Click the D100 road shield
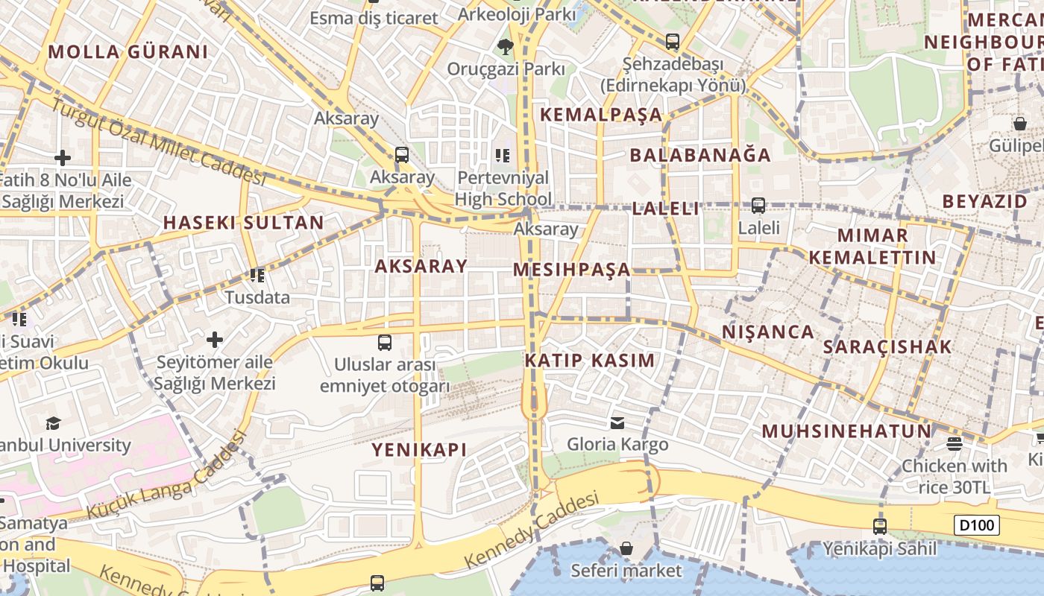pyautogui.click(x=976, y=525)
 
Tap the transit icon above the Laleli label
pyautogui.click(x=758, y=205)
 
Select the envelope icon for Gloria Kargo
pyautogui.click(x=617, y=423)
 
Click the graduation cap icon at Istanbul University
pyautogui.click(x=53, y=424)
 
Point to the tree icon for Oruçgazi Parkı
pyautogui.click(x=506, y=47)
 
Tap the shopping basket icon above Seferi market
pyautogui.click(x=626, y=549)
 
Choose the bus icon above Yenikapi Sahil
pyautogui.click(x=880, y=527)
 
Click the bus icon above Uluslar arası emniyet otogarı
pyautogui.click(x=385, y=343)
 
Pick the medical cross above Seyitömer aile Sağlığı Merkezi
pyautogui.click(x=215, y=340)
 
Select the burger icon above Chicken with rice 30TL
pyautogui.click(x=954, y=444)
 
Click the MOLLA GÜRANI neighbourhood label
pyautogui.click(x=128, y=52)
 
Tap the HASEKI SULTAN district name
pyautogui.click(x=244, y=223)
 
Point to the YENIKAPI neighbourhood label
pyautogui.click(x=419, y=449)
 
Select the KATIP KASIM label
pyautogui.click(x=589, y=361)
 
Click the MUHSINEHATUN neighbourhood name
pyautogui.click(x=846, y=431)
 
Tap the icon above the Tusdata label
pyautogui.click(x=257, y=276)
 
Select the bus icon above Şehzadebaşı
pyautogui.click(x=673, y=42)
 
